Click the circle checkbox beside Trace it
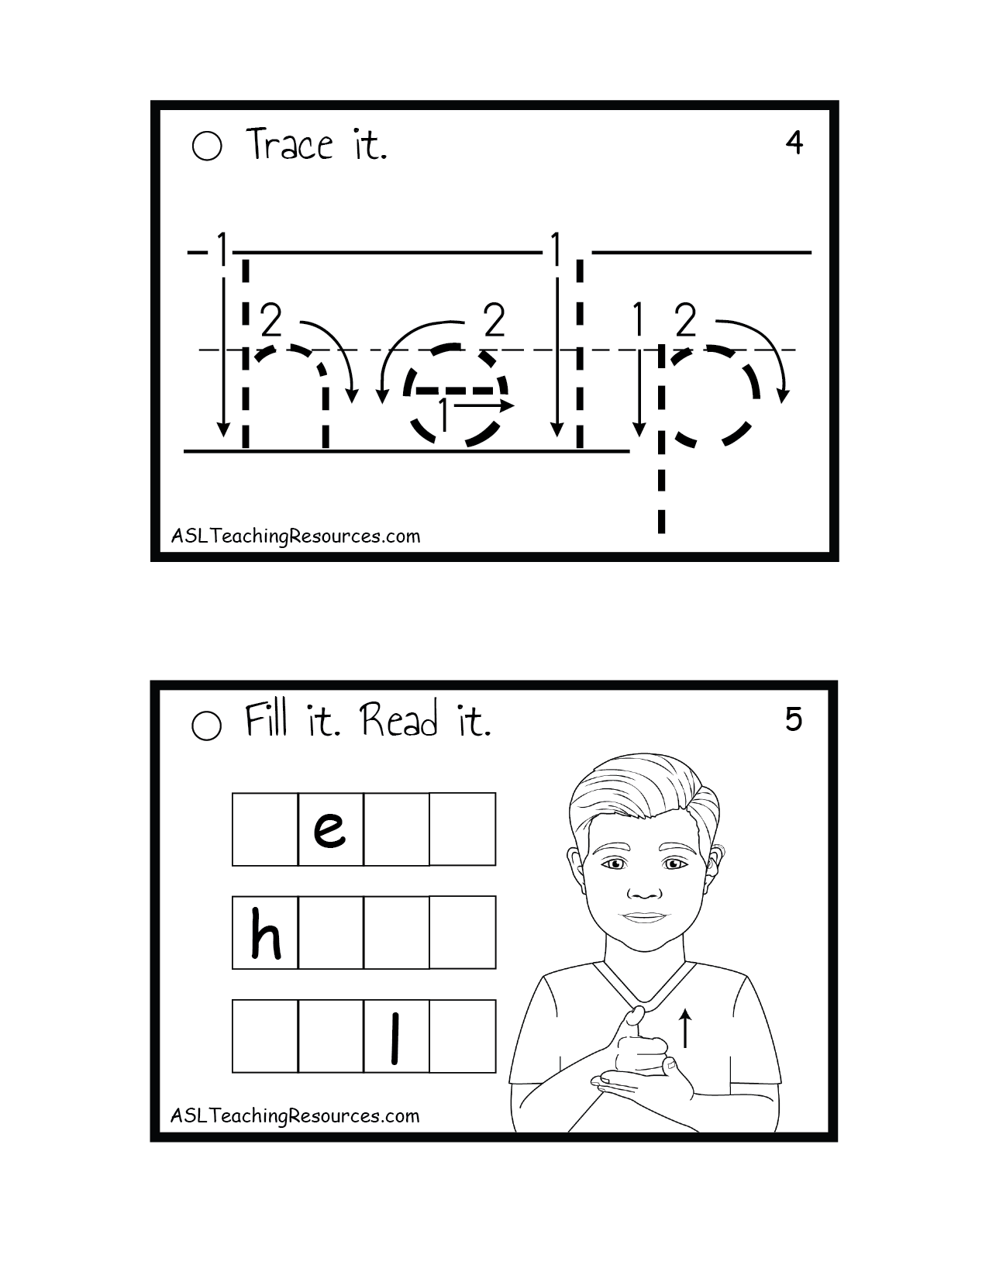(206, 146)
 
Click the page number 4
(794, 143)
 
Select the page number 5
(793, 719)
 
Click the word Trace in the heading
(289, 144)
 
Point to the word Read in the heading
(399, 719)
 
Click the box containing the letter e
(331, 829)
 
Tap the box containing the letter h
(265, 933)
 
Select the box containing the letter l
(397, 1036)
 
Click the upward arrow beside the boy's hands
(685, 1028)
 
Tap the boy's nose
(644, 891)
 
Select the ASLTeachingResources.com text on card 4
(296, 536)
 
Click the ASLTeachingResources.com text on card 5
(295, 1116)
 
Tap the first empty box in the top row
(265, 829)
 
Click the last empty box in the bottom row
(463, 1036)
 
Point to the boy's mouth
(644, 918)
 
